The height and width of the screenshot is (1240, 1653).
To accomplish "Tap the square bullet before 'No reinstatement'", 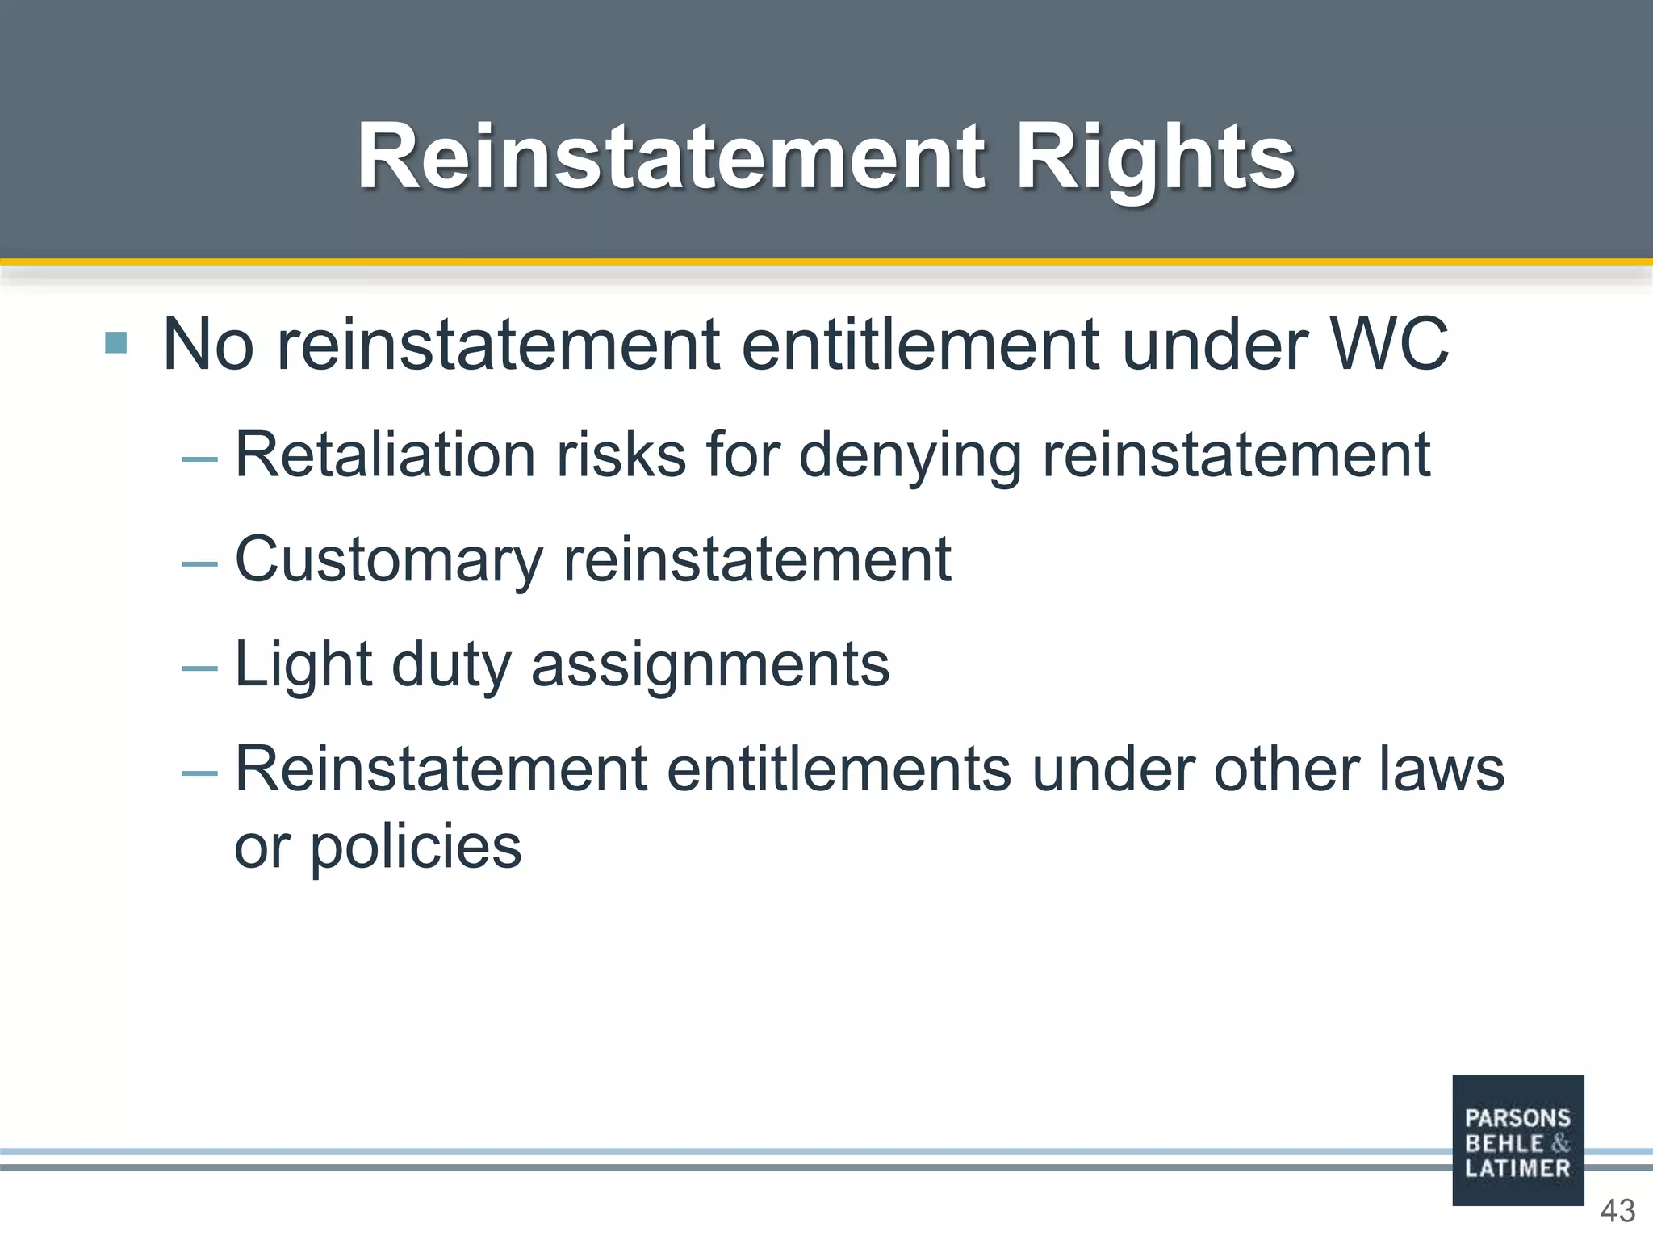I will (x=116, y=343).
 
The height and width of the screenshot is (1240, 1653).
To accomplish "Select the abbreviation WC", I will (x=1389, y=345).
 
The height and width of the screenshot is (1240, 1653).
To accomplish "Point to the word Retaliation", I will (x=385, y=455).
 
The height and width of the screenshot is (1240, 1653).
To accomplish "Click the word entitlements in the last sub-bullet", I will (x=839, y=769).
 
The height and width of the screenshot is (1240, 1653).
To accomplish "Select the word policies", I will (x=416, y=848).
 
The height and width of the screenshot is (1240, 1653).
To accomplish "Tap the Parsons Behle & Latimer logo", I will (x=1517, y=1140).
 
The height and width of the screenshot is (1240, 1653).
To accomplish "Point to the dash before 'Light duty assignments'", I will (x=199, y=668).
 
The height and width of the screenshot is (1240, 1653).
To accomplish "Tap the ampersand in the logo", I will (x=1559, y=1143).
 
